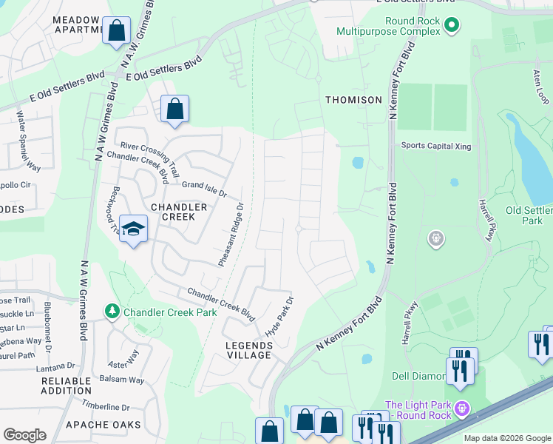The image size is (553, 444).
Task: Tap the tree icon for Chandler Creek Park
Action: (x=112, y=312)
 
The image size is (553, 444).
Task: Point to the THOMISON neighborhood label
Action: (x=353, y=100)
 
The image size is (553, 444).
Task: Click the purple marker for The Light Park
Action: (x=463, y=408)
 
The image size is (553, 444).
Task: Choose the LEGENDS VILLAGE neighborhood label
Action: (x=248, y=350)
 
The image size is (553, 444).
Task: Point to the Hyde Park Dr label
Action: (x=280, y=317)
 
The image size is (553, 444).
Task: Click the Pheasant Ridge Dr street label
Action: (x=231, y=235)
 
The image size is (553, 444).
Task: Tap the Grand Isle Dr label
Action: (x=203, y=189)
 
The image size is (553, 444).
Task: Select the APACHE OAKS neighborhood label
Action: (x=97, y=425)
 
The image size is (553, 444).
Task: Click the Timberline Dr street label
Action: (x=106, y=406)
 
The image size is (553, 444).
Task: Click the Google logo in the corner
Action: (x=24, y=435)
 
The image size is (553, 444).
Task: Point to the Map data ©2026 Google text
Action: (x=507, y=438)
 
